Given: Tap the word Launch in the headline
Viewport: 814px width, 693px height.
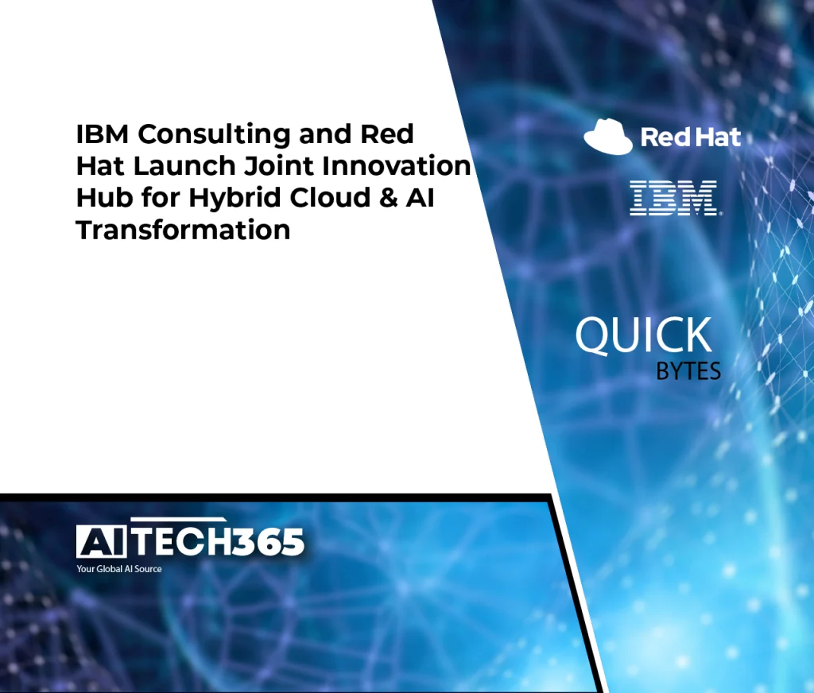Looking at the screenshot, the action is (x=184, y=166).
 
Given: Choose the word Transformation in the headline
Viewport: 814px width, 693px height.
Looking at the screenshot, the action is (x=183, y=230).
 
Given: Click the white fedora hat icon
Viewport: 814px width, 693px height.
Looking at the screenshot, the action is (x=608, y=137).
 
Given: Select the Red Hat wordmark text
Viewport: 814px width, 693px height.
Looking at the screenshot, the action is (x=691, y=137).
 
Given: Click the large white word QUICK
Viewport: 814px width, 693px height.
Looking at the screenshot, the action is (x=644, y=335).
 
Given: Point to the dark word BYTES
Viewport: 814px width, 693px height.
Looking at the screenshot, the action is (x=688, y=371).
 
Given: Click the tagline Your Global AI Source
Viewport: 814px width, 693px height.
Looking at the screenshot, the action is (x=119, y=569).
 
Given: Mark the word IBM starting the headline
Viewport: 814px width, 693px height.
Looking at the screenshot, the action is (x=103, y=134).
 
